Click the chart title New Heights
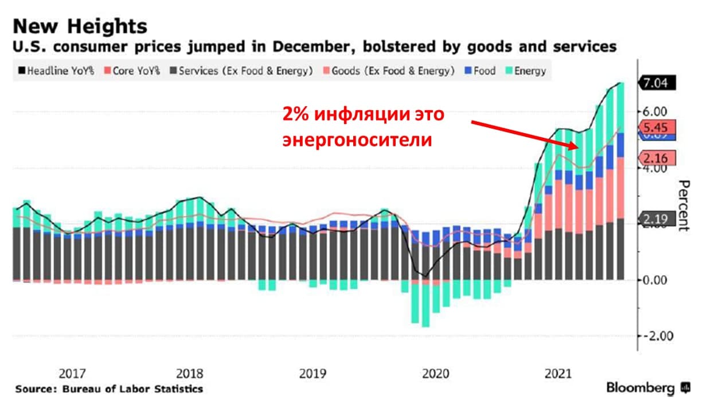80,26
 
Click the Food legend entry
478,71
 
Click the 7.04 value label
657,83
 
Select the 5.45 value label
657,127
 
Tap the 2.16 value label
657,157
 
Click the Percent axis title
682,205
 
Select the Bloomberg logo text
640,388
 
